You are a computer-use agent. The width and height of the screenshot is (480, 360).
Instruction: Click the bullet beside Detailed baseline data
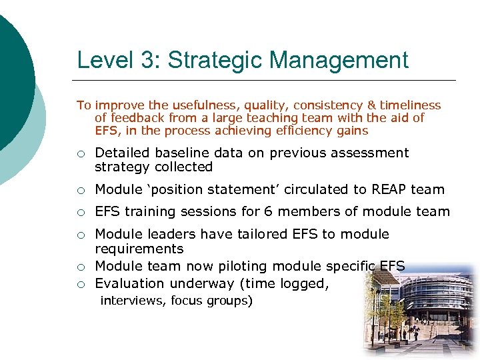[80, 154]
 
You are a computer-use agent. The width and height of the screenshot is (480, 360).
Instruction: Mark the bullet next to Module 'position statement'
[80, 191]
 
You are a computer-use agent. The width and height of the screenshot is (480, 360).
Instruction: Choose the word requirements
[139, 249]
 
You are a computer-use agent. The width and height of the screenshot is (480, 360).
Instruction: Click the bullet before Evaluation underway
[80, 284]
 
